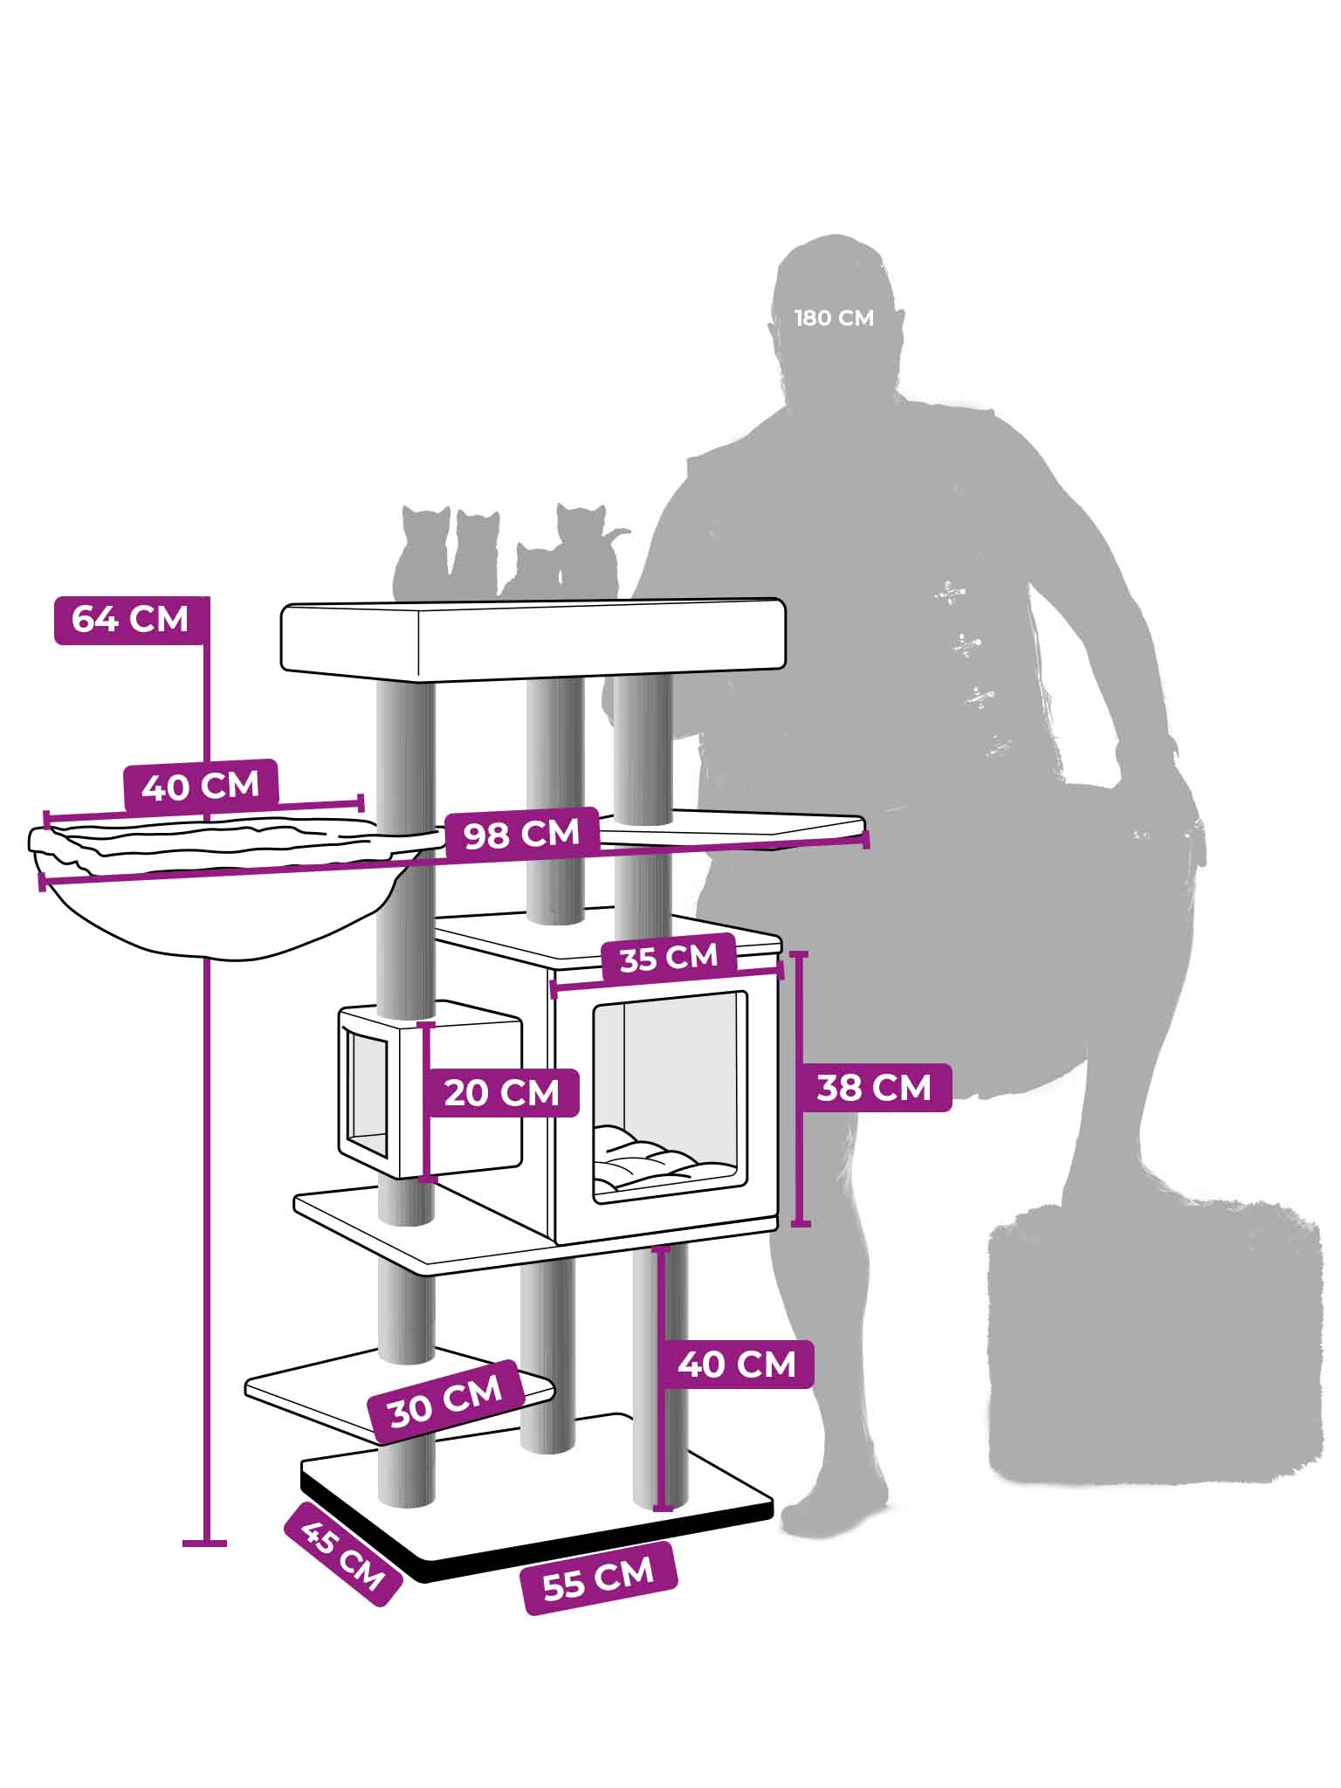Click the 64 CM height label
(x=131, y=620)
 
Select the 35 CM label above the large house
(x=669, y=958)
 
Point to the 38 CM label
(x=874, y=1088)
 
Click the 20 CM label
(x=502, y=1092)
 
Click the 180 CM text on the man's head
(x=834, y=318)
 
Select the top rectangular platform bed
(x=533, y=638)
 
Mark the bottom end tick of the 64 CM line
(x=205, y=1544)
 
